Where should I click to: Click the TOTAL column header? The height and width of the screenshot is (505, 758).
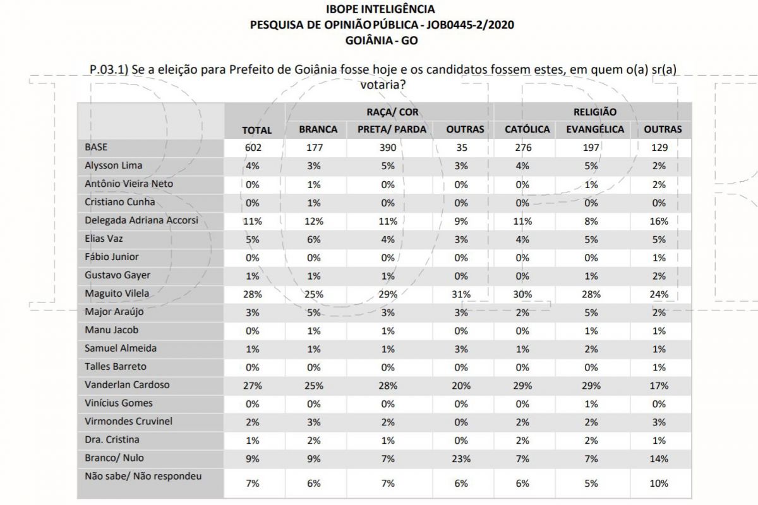click(257, 130)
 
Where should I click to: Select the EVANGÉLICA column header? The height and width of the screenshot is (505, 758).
click(595, 129)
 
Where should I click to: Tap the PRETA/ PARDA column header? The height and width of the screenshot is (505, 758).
click(392, 129)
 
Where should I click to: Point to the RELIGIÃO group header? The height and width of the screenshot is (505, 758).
click(595, 112)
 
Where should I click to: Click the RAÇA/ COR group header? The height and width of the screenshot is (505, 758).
click(392, 112)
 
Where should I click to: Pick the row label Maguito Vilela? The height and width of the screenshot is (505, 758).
click(117, 294)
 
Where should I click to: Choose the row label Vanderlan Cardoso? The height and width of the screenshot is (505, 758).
click(127, 384)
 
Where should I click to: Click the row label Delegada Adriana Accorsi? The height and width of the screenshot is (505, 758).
click(141, 220)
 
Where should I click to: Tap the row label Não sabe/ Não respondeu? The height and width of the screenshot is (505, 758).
click(143, 476)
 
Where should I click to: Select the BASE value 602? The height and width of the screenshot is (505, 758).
click(253, 148)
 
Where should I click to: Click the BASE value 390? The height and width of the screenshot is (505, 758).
click(388, 148)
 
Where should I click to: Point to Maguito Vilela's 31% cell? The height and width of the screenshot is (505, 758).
click(461, 294)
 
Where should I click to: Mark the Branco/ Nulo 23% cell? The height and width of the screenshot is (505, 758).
click(461, 459)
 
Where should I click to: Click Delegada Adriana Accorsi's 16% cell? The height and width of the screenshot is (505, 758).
click(659, 221)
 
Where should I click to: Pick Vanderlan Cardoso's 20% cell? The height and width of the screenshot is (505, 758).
click(461, 386)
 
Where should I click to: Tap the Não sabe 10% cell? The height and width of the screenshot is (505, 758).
click(659, 484)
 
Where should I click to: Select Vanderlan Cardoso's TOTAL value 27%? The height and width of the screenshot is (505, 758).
click(253, 386)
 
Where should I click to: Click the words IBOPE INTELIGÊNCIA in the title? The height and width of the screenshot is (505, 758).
click(380, 9)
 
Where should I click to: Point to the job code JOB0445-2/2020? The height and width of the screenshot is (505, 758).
click(470, 25)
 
